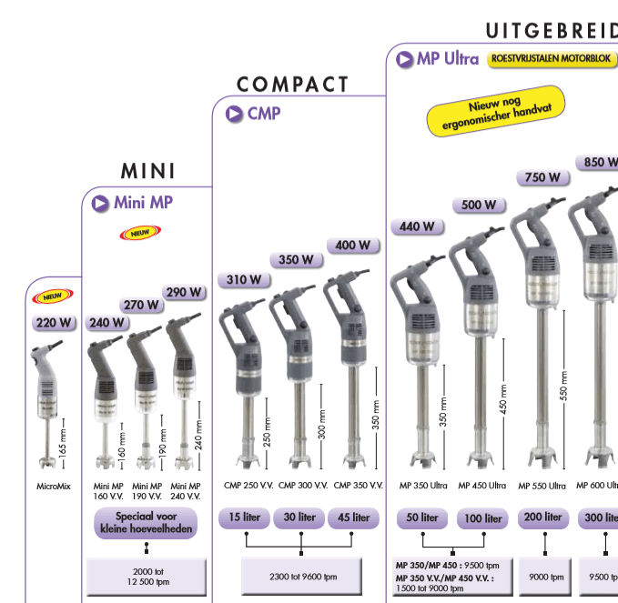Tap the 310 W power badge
[x=244, y=279]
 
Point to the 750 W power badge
[x=542, y=177]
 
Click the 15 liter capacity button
[x=245, y=518]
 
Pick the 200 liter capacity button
[x=542, y=518]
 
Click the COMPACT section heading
[x=293, y=85]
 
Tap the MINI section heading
[x=147, y=171]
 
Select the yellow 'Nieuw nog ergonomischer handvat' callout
[x=496, y=111]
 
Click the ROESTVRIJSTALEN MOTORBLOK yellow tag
[x=552, y=59]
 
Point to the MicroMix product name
[x=54, y=486]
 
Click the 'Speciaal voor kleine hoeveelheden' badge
[x=146, y=522]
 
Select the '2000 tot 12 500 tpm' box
[x=147, y=576]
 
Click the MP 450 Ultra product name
[x=481, y=486]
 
